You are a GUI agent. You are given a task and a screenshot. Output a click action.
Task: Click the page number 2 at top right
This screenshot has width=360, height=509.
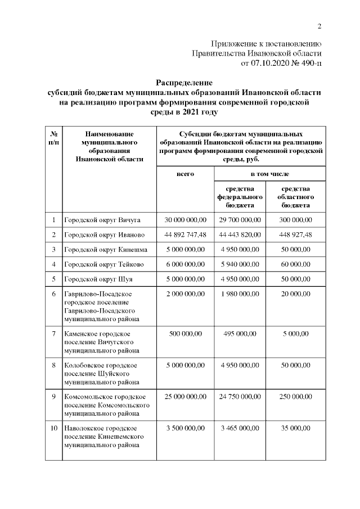click(319, 26)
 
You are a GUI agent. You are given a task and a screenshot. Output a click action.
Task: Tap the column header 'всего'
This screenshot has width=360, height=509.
click(185, 174)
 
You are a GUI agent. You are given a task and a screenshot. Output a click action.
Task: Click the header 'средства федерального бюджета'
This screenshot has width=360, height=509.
click(240, 197)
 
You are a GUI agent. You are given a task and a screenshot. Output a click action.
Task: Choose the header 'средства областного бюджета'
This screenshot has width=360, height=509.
click(296, 197)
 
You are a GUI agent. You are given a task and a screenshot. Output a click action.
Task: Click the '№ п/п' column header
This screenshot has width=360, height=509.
click(54, 138)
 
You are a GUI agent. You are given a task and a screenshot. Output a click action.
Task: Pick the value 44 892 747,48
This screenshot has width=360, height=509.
click(185, 235)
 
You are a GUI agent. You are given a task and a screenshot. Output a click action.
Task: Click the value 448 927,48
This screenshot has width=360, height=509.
click(296, 235)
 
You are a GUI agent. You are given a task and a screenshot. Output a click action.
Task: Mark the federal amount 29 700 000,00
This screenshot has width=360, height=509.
click(240, 219)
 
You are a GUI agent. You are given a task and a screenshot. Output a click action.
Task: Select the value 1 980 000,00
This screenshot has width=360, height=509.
click(240, 294)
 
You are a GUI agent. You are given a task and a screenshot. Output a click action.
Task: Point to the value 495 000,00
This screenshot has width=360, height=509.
click(240, 334)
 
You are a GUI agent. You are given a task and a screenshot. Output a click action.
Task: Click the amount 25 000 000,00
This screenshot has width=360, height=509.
click(185, 397)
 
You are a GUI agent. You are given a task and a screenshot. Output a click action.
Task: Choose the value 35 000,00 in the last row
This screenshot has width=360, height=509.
click(296, 429)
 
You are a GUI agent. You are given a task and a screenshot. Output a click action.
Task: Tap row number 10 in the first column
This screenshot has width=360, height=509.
click(54, 429)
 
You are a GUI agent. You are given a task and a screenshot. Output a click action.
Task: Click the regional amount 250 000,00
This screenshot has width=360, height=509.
click(296, 397)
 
